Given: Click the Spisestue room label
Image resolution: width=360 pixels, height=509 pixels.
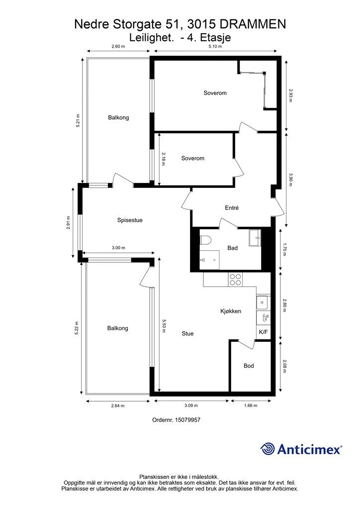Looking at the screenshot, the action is pos(130,220).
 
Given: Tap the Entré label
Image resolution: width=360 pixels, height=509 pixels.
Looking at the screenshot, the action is pos(232,208).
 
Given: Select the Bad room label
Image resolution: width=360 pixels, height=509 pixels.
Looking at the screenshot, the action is pos(232,248).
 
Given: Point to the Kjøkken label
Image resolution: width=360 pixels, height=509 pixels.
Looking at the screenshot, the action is pos(231,311).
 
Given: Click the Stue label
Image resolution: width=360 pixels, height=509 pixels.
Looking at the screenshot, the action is pos(187,334).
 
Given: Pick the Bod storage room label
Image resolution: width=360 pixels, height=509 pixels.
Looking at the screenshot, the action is pos(249,366).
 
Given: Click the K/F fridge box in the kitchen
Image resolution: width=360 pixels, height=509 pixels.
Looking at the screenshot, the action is pos(263,332).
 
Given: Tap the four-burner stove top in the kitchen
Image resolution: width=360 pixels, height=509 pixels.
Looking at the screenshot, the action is pos(235,279).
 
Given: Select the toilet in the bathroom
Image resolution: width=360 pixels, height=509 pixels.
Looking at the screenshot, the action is pos(205,240).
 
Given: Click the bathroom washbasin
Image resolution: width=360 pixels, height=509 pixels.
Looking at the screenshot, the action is pos(255,238).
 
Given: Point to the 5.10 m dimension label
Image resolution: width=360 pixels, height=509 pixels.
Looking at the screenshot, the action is pos(215,46).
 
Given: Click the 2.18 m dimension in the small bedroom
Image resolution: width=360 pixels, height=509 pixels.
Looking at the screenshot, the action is pos(163,159).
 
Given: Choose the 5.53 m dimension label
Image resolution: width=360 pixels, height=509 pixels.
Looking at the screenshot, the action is pos(164,326).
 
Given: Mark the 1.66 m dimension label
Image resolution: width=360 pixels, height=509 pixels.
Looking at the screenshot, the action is pos(251,406).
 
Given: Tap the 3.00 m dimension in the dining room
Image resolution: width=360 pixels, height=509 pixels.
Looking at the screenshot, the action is pos(118,248).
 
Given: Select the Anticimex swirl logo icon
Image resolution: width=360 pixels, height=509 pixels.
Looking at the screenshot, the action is pos(268,449).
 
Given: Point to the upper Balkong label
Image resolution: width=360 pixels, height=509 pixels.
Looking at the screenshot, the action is pos(118,117).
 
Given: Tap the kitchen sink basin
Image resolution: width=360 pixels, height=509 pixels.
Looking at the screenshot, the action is pos(262,303).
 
